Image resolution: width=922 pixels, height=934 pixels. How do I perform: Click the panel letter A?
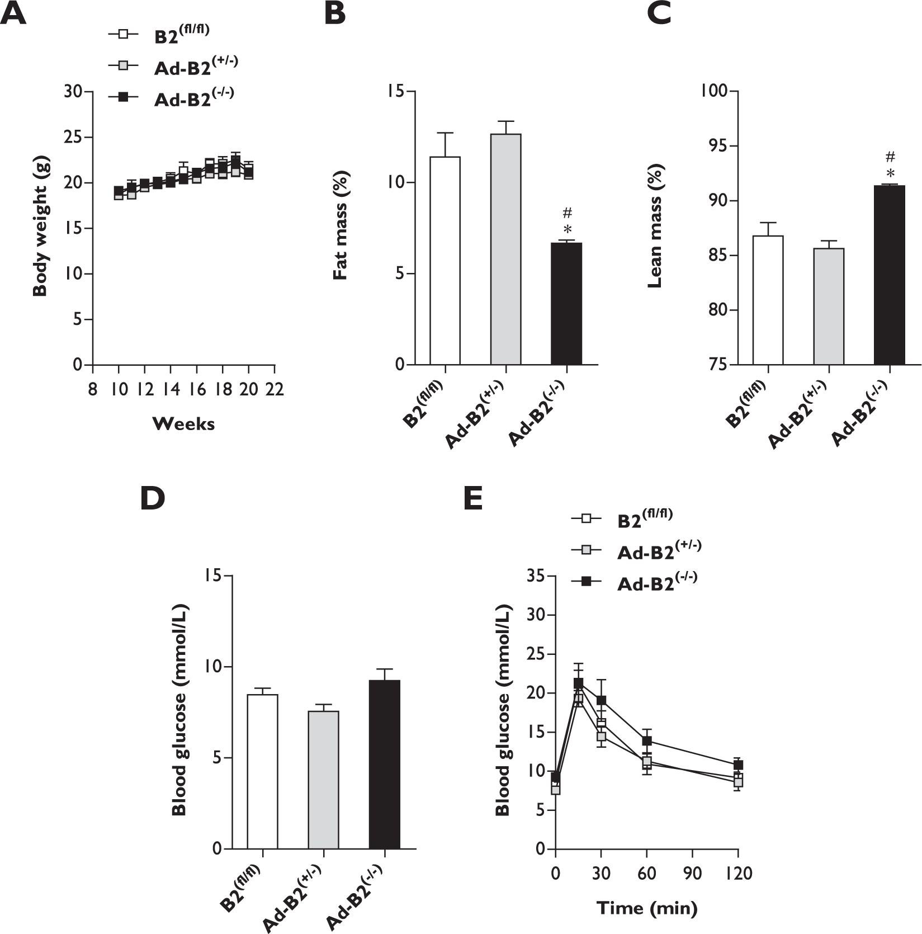pos(13,14)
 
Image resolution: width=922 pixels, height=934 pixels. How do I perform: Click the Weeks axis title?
pos(183,424)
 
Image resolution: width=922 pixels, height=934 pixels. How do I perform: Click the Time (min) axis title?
pos(646,908)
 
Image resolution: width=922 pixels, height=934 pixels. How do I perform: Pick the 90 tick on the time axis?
pos(692,873)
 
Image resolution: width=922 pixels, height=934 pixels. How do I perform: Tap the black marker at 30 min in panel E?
pos(601,700)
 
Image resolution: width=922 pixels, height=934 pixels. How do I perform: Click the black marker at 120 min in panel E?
pos(738,765)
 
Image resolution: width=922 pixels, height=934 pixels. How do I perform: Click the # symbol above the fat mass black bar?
pos(568,213)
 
